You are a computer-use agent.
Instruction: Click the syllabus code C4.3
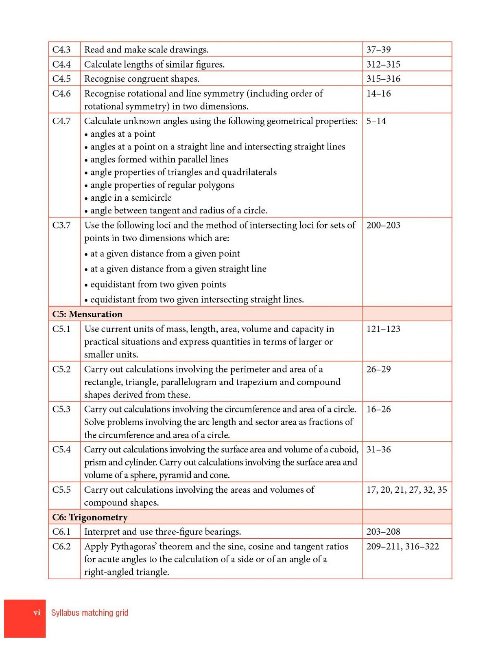click(x=61, y=50)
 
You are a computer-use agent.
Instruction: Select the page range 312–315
click(x=383, y=64)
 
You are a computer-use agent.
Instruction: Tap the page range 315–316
click(x=383, y=79)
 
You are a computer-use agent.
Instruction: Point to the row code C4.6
click(x=61, y=93)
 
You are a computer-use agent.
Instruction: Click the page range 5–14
click(x=376, y=121)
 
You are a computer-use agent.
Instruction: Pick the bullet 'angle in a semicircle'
click(x=129, y=198)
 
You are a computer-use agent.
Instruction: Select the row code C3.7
click(x=61, y=225)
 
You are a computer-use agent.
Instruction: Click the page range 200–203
click(x=383, y=225)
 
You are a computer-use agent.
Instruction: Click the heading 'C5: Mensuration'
click(x=87, y=314)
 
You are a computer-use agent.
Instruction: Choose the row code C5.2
click(x=61, y=369)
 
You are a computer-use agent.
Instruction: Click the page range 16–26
click(x=378, y=409)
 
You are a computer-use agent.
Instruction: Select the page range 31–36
click(x=378, y=449)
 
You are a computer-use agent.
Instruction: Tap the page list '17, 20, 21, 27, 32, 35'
click(x=406, y=489)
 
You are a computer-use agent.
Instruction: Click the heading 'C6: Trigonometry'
click(x=90, y=517)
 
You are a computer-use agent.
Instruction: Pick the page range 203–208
click(x=383, y=531)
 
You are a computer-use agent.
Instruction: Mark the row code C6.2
click(x=61, y=546)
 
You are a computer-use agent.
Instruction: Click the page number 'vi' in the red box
click(x=37, y=612)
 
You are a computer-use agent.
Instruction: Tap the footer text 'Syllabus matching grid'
click(x=90, y=612)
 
